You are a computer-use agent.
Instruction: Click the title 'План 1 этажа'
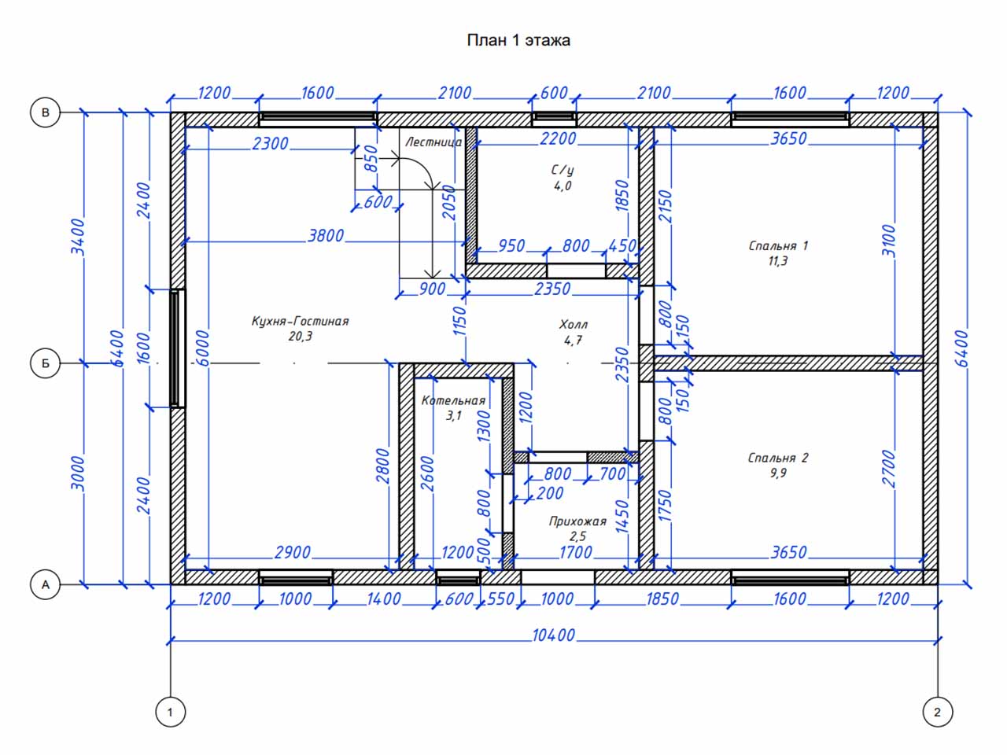tap(518, 40)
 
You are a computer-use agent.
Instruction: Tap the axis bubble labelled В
tap(46, 112)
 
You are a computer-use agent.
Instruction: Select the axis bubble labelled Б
tap(46, 363)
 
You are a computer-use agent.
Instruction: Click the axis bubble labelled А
tap(46, 584)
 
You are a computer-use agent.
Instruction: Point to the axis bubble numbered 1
tap(170, 712)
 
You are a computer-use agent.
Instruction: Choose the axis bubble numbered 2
tap(937, 712)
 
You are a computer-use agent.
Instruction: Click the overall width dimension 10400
tap(553, 635)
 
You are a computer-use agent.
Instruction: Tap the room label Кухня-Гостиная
tap(300, 321)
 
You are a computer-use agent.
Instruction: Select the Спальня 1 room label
tap(778, 245)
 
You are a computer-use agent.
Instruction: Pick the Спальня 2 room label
tap(778, 458)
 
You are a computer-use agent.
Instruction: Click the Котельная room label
tap(453, 400)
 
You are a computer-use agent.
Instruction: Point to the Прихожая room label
tap(577, 521)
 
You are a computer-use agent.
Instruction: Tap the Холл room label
tap(573, 325)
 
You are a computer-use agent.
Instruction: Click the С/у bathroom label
tap(563, 171)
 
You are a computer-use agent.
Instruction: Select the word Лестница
tap(433, 142)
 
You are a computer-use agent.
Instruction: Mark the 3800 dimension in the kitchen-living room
tap(325, 236)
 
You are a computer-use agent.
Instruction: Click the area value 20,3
tap(300, 337)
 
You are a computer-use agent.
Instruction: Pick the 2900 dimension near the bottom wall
tap(293, 552)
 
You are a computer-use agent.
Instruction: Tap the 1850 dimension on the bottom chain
tap(662, 598)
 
